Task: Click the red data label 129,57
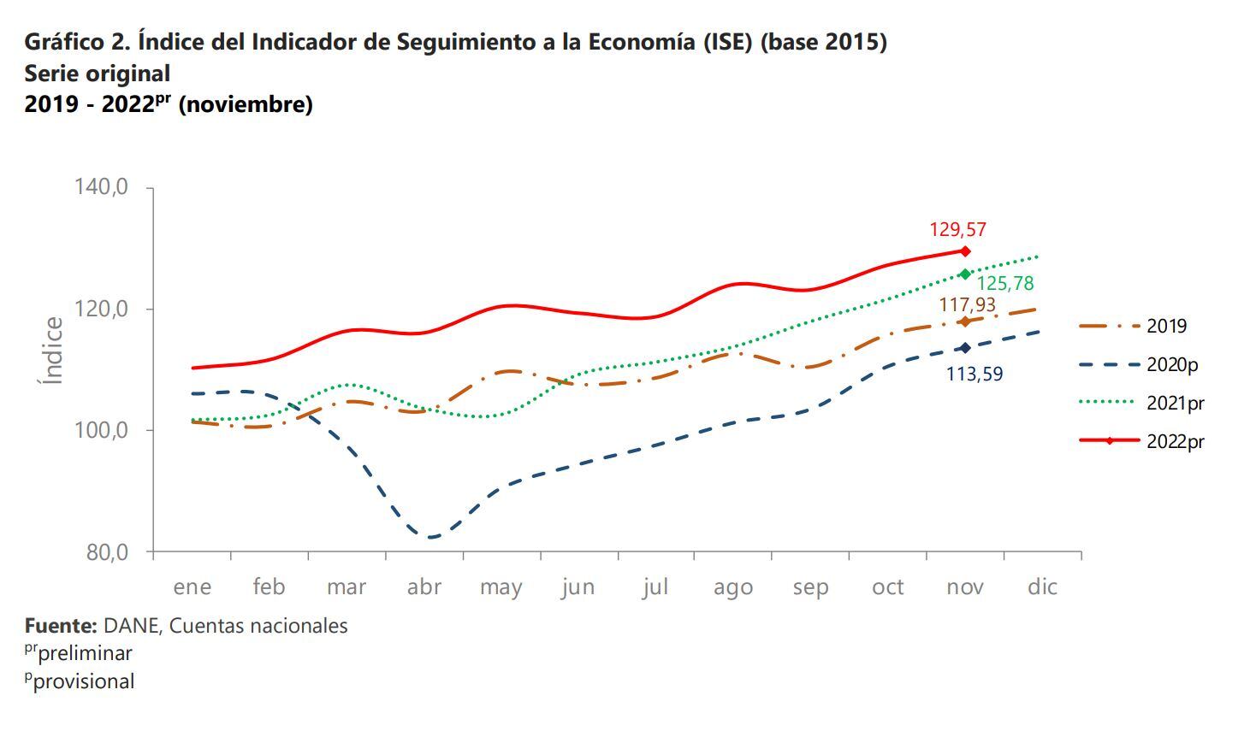click(x=957, y=230)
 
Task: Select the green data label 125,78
click(x=1005, y=284)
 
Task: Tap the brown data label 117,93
click(x=967, y=305)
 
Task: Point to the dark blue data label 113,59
click(x=974, y=374)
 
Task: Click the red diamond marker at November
click(x=965, y=251)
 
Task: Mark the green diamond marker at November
click(x=965, y=274)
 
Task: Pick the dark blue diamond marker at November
click(x=965, y=348)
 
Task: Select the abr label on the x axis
click(x=424, y=587)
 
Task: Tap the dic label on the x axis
click(x=1042, y=587)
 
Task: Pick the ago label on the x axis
click(x=733, y=587)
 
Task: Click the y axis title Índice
click(x=54, y=351)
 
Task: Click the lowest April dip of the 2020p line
click(x=431, y=538)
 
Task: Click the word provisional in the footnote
click(x=84, y=682)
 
